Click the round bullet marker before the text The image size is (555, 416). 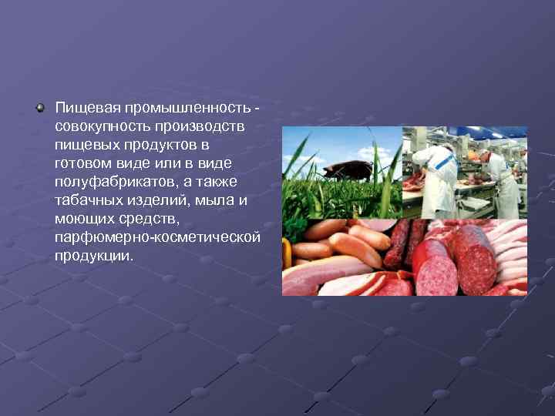point(40,108)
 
